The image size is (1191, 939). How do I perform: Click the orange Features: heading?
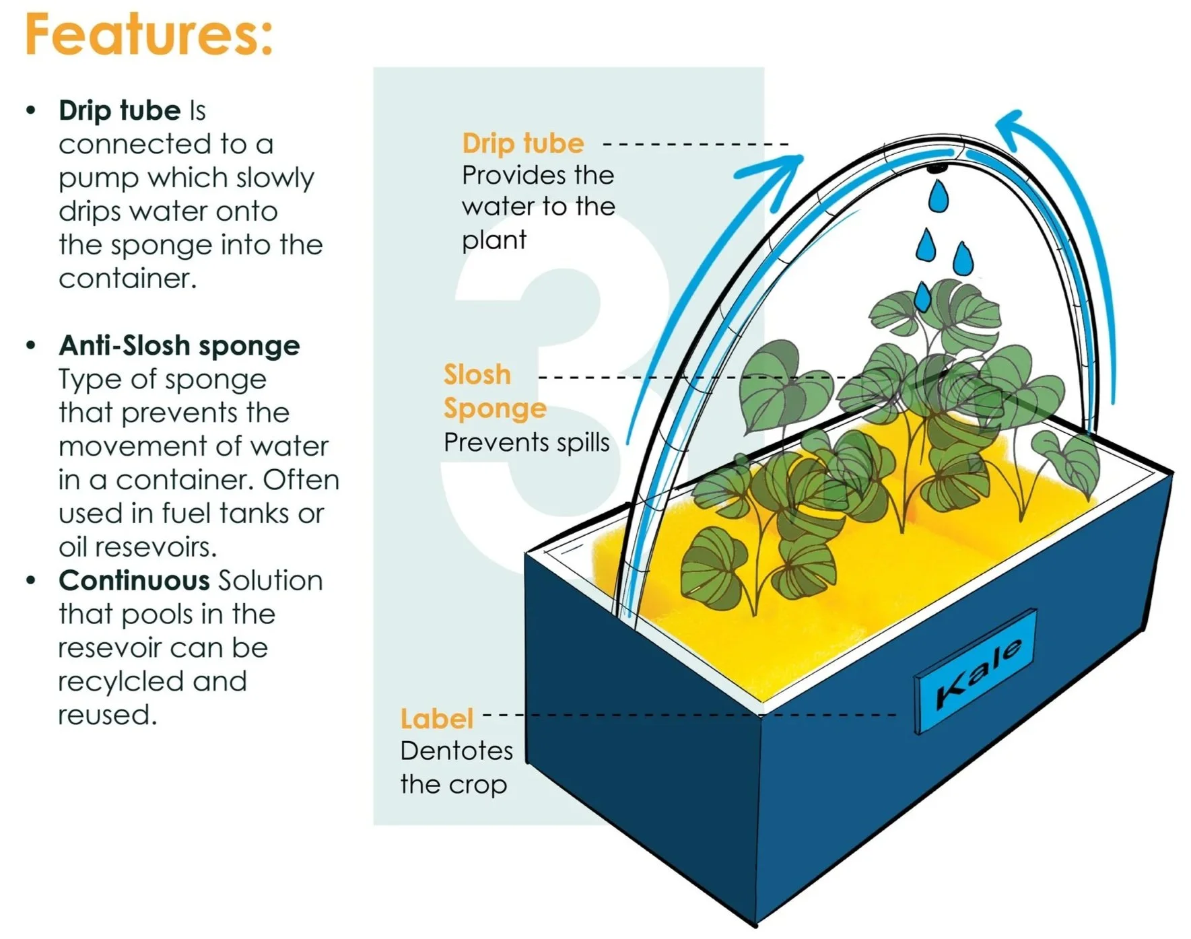tap(149, 35)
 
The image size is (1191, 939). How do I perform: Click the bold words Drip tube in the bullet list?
tap(120, 110)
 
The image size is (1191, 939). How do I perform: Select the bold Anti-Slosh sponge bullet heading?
tap(179, 345)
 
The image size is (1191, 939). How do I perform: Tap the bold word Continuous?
tap(134, 580)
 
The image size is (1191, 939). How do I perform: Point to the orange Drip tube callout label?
tap(523, 143)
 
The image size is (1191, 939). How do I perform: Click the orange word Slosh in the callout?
tap(477, 375)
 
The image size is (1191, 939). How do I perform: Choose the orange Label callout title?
tap(436, 719)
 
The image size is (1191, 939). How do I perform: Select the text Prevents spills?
tap(526, 443)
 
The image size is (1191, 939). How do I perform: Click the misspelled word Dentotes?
tap(456, 751)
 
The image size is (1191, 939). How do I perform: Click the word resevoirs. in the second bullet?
tap(137, 547)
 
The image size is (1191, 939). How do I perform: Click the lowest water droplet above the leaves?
tap(923, 296)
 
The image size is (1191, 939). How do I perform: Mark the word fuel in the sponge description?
tap(187, 514)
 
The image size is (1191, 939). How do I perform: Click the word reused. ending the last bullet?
tap(107, 715)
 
